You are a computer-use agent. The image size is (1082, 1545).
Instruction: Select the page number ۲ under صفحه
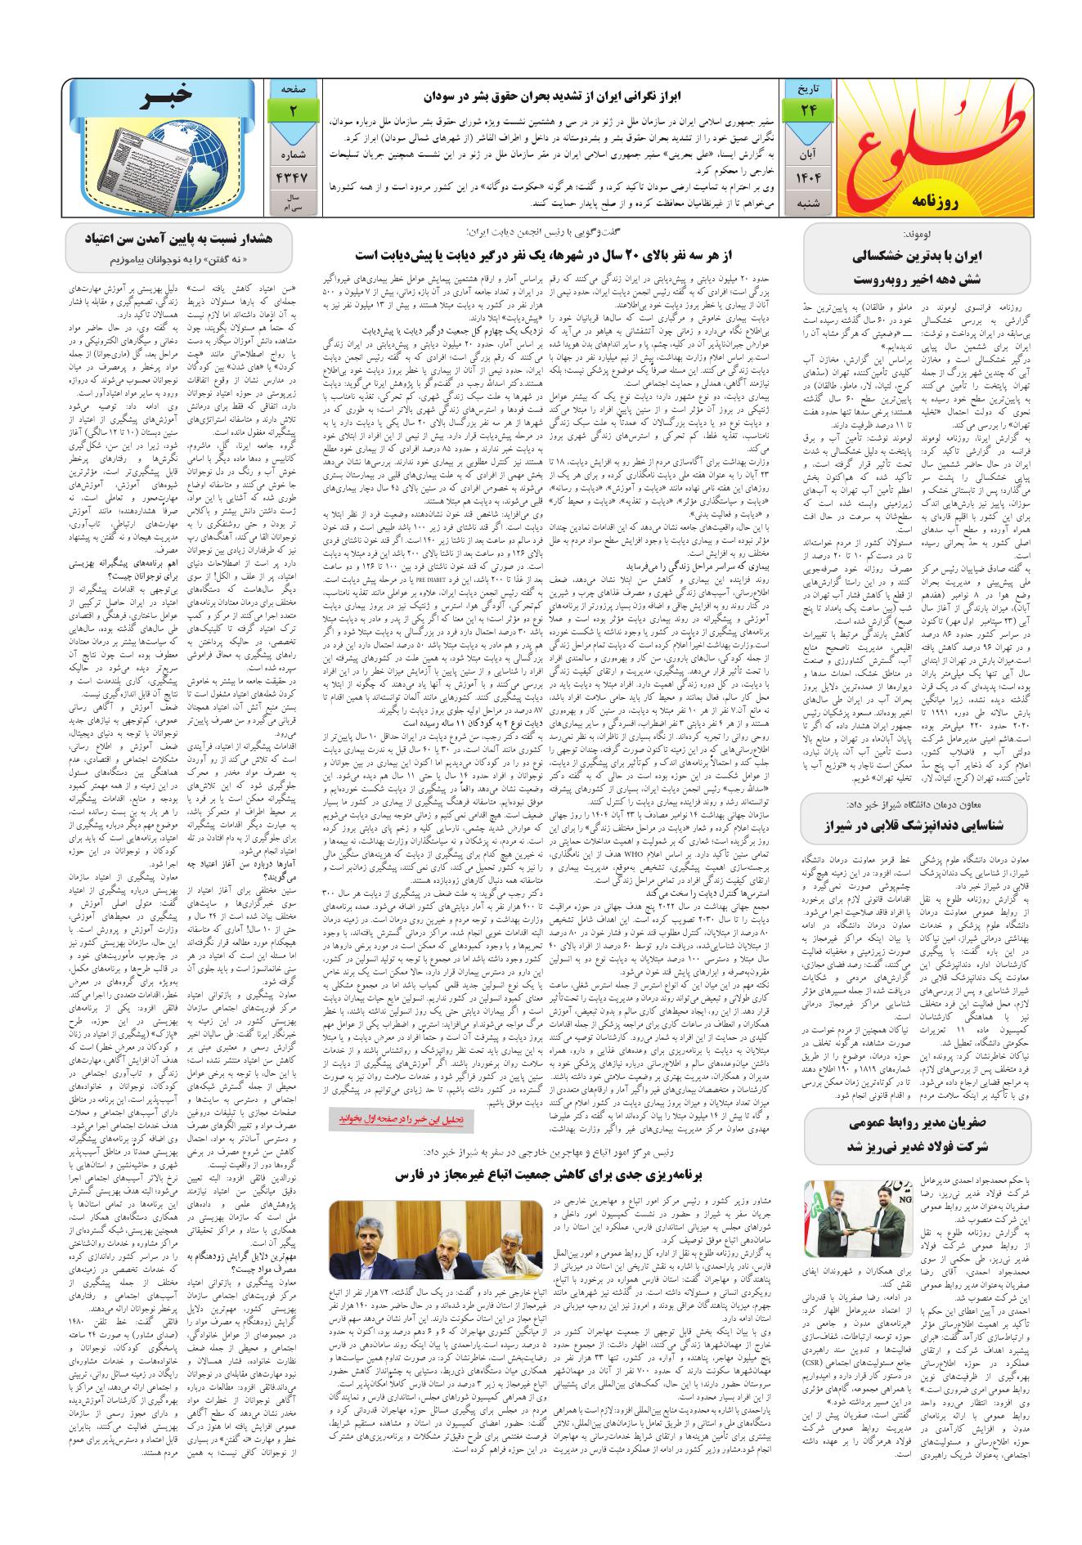click(x=291, y=110)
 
